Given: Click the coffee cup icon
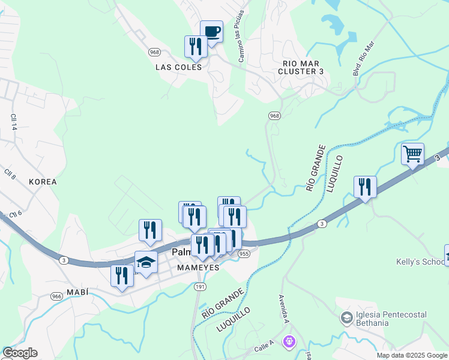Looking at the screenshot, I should [x=211, y=31].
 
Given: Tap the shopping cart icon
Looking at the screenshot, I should [x=412, y=154].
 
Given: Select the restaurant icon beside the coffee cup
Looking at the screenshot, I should [x=196, y=46].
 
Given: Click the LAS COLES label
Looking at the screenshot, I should [x=179, y=67].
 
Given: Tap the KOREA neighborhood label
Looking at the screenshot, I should [x=43, y=181].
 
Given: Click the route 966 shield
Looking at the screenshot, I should [x=57, y=296].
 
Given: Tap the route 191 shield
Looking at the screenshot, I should [x=200, y=287].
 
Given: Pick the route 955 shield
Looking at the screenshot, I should [x=244, y=254].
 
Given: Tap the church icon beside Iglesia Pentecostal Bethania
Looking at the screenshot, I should [x=346, y=317].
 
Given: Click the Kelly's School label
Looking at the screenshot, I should [x=420, y=262].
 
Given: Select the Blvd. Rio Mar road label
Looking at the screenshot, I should [x=366, y=58].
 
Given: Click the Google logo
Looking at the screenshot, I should [x=20, y=353].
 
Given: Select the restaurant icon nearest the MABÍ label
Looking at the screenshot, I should [x=122, y=276].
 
